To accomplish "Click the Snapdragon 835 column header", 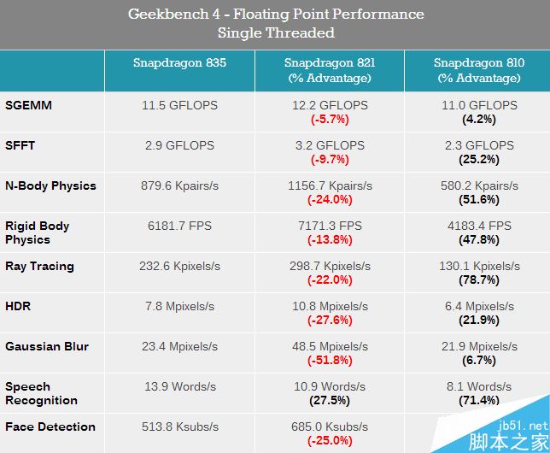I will pos(180,63).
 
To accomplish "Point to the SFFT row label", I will pos(20,145).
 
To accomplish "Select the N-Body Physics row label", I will pos(50,185).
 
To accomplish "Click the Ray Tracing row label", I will pos(39,266).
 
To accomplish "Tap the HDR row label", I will pos(18,306).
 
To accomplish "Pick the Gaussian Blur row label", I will pos(47,346).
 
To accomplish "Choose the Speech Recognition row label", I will pos(41,393).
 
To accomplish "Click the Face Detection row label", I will pos(50,427).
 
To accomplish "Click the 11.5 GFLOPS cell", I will pos(179,105).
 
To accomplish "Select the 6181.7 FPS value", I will pos(179,226).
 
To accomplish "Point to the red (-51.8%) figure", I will pos(329,360).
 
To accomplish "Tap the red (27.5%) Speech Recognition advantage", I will pos(329,400).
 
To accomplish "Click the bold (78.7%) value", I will pos(478,279).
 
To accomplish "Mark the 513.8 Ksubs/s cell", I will pos(179,427).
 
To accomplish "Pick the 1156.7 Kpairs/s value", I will pos(329,185).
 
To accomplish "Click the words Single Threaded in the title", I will pos(275,33).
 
